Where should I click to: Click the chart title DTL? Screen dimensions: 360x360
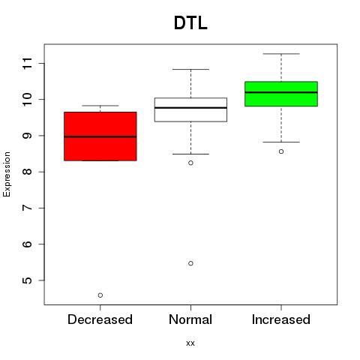190,23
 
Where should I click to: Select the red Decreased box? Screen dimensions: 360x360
100,136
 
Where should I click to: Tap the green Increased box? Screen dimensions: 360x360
281,94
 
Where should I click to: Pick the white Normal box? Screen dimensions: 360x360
190,109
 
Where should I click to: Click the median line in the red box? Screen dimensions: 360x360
100,136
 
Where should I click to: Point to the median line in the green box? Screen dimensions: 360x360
281,92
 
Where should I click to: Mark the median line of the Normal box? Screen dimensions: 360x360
190,108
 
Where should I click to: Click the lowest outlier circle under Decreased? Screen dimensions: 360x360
100,295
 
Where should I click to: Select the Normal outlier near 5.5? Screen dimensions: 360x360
190,263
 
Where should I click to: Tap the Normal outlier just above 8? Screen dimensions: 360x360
190,163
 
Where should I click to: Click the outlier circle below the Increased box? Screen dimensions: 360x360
281,151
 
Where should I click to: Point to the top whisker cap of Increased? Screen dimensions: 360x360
281,54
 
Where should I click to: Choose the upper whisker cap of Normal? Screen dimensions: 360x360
190,69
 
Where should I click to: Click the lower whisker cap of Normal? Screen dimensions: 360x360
190,154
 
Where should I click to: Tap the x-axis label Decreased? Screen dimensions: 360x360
100,319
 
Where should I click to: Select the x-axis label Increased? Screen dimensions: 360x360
281,319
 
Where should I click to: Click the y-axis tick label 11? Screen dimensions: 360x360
28,64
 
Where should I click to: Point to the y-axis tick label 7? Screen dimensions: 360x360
28,208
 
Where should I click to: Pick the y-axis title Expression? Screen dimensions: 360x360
7,174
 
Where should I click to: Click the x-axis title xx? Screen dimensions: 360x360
190,343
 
